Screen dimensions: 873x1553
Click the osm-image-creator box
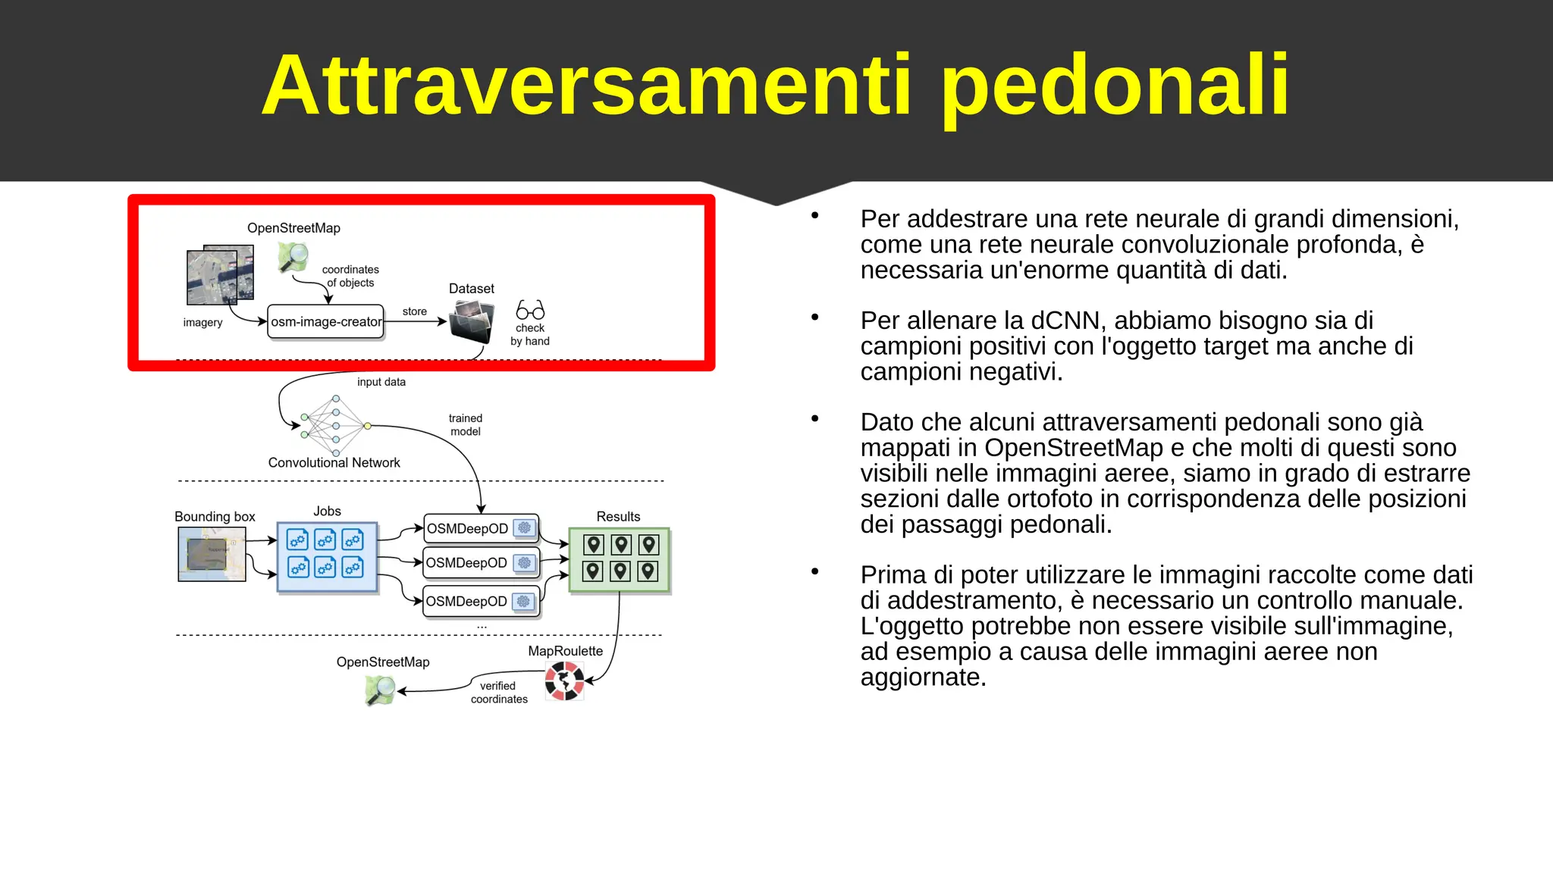point(326,322)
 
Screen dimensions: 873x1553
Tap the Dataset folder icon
point(471,321)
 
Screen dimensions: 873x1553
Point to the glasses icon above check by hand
point(530,310)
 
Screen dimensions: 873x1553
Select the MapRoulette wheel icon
point(564,681)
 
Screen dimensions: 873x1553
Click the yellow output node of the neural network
point(368,426)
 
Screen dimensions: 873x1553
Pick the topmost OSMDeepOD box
point(481,528)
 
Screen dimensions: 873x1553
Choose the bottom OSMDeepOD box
point(481,601)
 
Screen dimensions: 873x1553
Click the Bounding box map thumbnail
point(212,555)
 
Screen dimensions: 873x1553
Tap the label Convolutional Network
point(334,462)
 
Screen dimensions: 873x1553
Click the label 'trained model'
point(465,424)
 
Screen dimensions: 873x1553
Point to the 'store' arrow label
point(414,311)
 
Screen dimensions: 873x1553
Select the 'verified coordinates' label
point(498,693)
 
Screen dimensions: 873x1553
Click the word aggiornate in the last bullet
point(923,677)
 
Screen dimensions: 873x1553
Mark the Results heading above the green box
point(618,516)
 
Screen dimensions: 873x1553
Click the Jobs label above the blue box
point(327,512)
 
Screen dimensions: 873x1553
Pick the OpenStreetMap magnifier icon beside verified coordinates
point(381,690)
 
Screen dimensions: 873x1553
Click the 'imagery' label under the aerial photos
point(202,322)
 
